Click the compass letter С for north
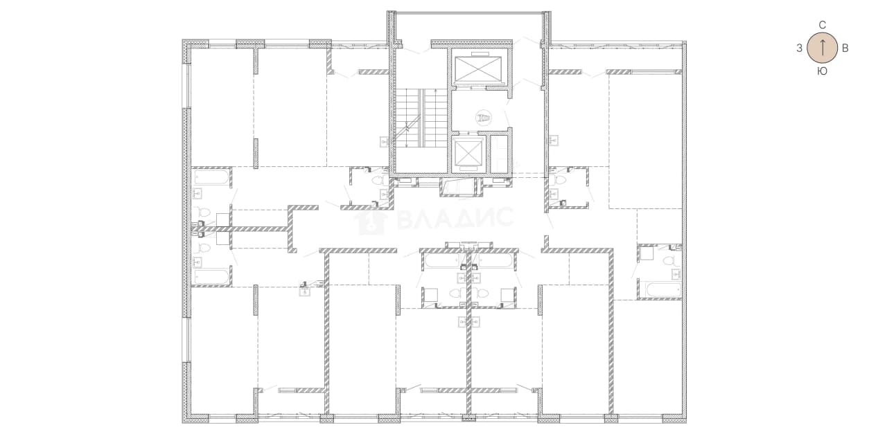point(822,25)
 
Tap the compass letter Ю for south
point(822,71)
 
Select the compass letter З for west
point(799,48)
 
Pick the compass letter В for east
point(845,48)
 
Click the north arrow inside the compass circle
point(822,48)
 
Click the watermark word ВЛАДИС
point(455,218)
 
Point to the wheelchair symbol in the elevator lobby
point(484,117)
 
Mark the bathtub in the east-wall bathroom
point(662,290)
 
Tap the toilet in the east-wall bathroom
point(670,261)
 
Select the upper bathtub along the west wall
point(211,177)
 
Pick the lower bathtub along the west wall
point(211,277)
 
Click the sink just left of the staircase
point(385,142)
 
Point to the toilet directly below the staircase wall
point(380,180)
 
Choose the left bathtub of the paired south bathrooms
point(442,261)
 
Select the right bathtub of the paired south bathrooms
point(495,261)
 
